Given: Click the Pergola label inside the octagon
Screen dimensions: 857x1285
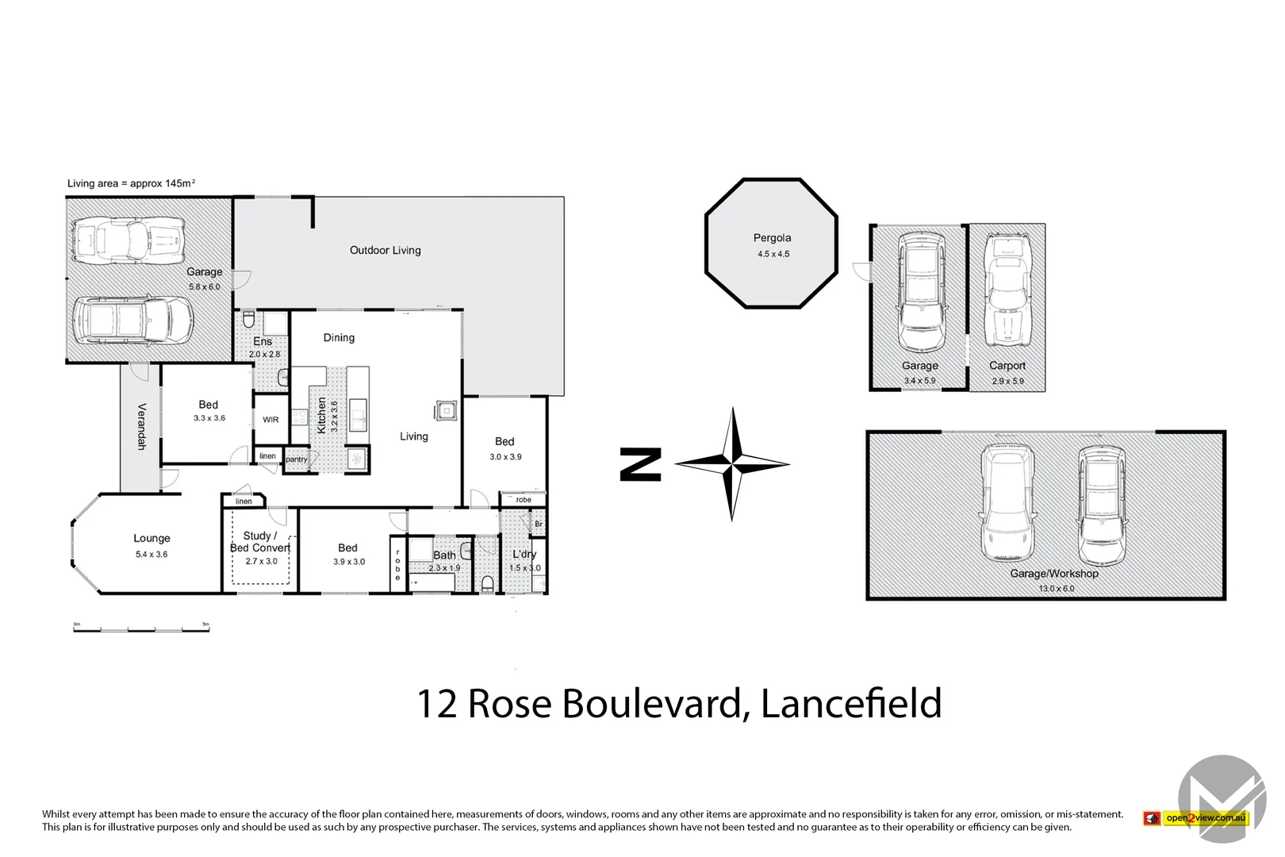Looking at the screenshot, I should (x=772, y=237).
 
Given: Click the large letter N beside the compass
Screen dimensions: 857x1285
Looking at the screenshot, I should (x=640, y=464).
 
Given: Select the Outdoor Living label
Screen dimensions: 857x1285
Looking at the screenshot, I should (x=385, y=250).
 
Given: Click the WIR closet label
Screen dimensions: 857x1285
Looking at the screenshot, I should (x=270, y=420).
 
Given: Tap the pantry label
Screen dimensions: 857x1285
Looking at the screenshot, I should (x=296, y=460).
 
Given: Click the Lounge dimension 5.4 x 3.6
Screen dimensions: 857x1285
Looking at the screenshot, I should (x=152, y=555).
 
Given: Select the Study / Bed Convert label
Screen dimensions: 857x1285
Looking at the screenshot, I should (x=260, y=541).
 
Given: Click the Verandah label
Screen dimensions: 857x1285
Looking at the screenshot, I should (x=141, y=426).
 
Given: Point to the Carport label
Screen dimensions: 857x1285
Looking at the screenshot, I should (x=1007, y=366).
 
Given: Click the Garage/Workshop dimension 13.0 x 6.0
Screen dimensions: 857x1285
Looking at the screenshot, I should (x=1057, y=588).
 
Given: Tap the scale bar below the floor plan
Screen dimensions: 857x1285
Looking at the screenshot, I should (x=141, y=628).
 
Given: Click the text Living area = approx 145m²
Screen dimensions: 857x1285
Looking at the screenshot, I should (x=131, y=183).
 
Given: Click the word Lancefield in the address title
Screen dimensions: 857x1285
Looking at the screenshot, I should (x=851, y=703).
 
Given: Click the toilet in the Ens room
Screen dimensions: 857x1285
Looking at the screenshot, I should (x=248, y=321).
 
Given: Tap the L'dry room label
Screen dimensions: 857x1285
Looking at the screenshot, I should (x=524, y=554).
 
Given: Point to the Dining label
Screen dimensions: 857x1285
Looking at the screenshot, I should (x=339, y=337).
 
